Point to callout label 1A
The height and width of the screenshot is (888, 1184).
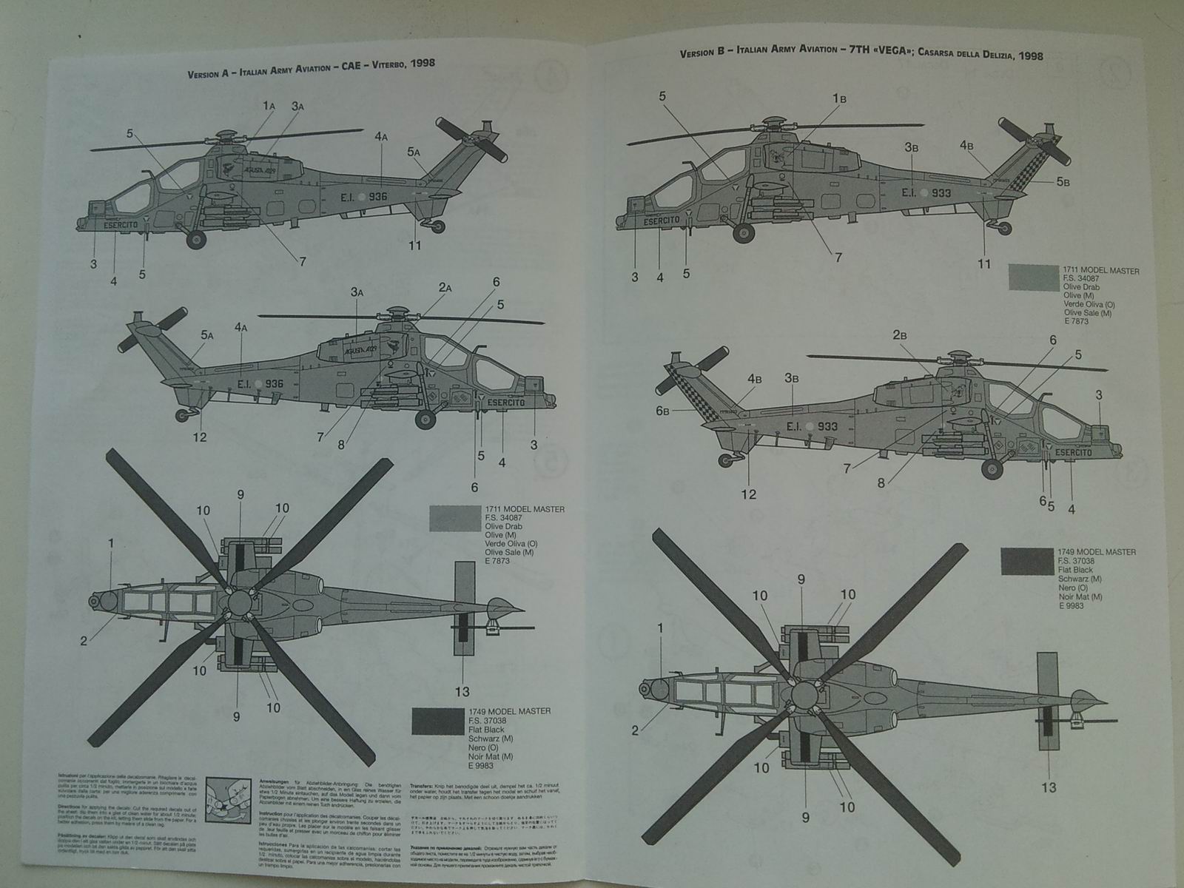point(269,106)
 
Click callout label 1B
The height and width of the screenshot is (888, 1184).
point(838,98)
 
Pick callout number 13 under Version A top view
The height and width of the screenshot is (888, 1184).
point(462,692)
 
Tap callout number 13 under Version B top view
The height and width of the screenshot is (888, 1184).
point(1049,787)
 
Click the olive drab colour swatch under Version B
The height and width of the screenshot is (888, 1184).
point(1033,277)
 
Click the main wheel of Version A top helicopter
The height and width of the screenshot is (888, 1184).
point(197,238)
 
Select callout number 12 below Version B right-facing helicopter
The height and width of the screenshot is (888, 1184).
point(749,494)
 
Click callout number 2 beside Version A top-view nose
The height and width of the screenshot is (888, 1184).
point(84,641)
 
